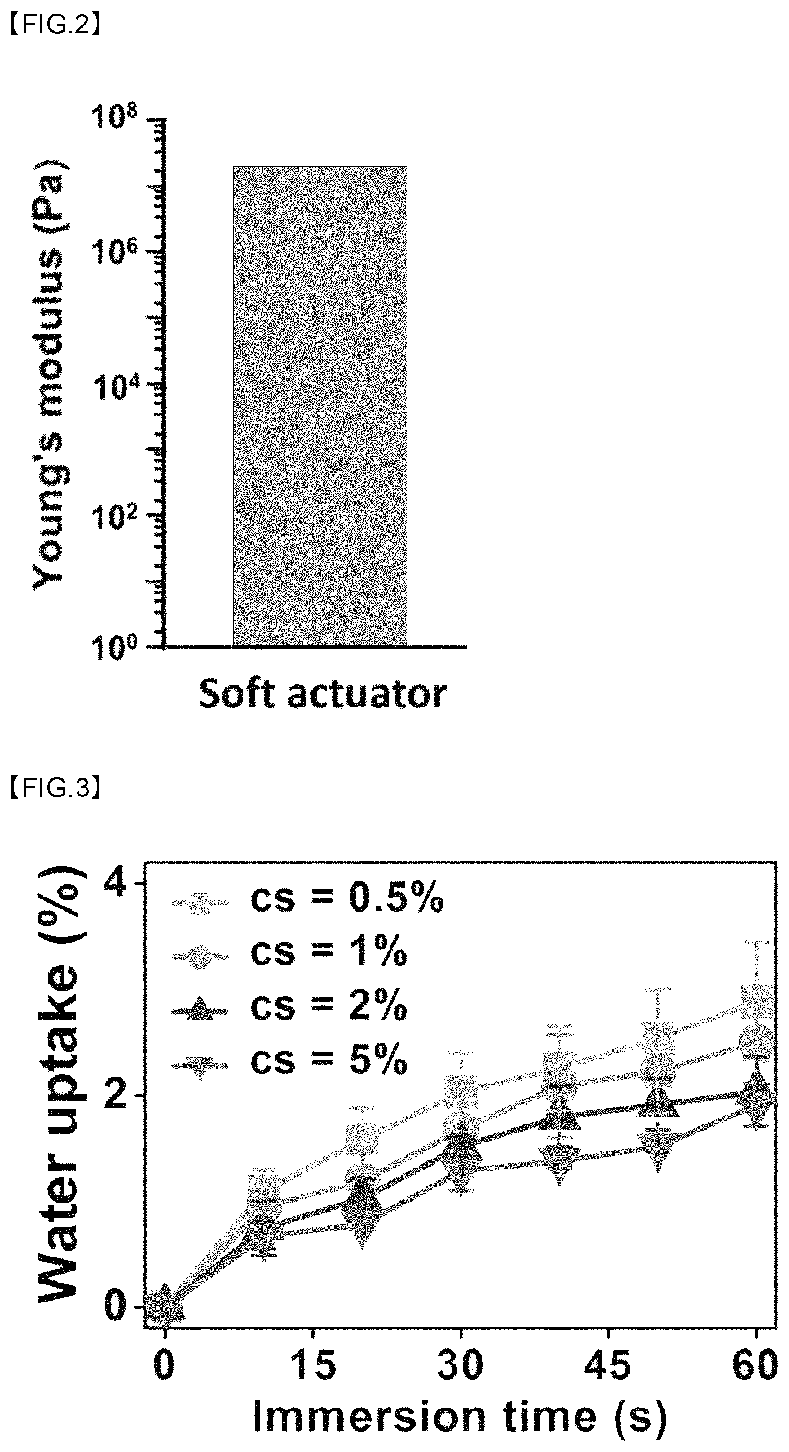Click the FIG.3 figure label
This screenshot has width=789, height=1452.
pyautogui.click(x=55, y=789)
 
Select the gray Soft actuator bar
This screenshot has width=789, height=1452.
pyautogui.click(x=320, y=406)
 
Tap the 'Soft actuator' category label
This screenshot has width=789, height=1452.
pyautogui.click(x=323, y=694)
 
